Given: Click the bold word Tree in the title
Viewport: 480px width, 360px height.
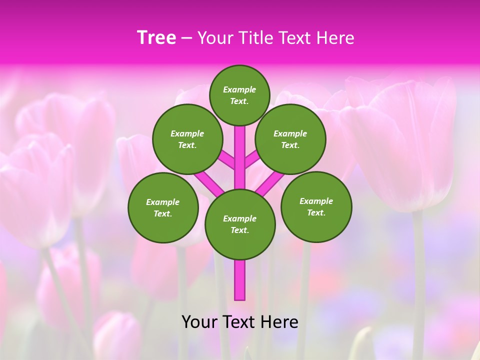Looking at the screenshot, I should [x=156, y=38].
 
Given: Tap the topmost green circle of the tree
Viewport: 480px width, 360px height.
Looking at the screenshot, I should [x=239, y=95].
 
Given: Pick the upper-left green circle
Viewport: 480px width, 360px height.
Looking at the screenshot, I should [x=187, y=139].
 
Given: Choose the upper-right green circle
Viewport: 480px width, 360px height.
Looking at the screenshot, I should [x=290, y=139].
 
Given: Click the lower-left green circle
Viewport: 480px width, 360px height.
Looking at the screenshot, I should [x=163, y=207].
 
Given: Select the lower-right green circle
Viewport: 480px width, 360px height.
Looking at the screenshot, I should [x=316, y=206].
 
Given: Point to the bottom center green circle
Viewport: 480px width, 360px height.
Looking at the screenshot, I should [x=240, y=224].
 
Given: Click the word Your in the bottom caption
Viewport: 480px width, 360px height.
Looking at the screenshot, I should [x=199, y=321].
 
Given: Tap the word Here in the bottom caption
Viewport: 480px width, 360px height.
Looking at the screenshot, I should [x=280, y=321].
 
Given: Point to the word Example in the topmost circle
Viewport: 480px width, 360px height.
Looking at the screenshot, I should [x=239, y=89].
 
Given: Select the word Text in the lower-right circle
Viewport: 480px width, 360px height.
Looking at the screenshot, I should [x=316, y=212].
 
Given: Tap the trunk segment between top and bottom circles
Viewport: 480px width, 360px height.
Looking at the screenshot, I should [x=240, y=155].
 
